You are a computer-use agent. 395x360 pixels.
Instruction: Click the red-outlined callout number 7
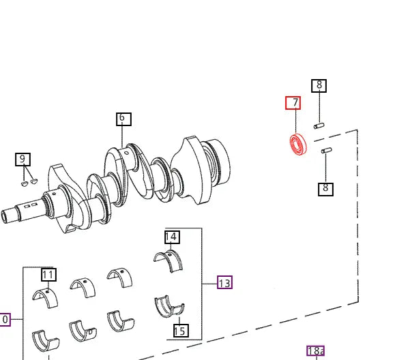(293, 103)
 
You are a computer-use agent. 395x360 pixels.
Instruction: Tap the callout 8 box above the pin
(319, 86)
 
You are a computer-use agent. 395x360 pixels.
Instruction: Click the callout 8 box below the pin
(325, 190)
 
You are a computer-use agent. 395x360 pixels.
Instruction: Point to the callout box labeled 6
(123, 119)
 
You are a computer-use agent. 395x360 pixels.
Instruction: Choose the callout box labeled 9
(23, 160)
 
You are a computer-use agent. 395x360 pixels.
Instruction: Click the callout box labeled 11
(49, 275)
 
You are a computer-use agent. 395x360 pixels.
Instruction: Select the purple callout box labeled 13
(224, 282)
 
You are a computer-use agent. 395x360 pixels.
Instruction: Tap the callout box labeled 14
(173, 237)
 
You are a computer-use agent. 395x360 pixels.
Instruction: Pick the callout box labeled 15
(181, 331)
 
